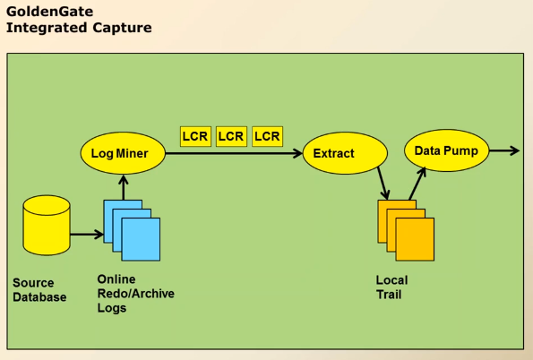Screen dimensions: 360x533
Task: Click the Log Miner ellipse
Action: coord(119,154)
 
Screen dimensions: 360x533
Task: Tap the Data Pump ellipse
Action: coord(446,150)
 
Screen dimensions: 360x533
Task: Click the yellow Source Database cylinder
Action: coord(47,225)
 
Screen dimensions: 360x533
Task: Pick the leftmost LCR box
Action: coord(195,136)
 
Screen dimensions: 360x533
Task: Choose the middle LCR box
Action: coord(231,136)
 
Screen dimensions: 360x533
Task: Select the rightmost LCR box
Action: coord(267,136)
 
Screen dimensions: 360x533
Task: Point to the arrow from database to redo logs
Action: coord(86,235)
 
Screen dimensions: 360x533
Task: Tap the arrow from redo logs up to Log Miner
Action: coord(124,186)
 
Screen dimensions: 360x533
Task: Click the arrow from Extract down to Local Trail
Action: coord(383,184)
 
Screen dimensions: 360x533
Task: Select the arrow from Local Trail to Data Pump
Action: coord(416,184)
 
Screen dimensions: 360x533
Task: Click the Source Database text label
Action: coord(39,289)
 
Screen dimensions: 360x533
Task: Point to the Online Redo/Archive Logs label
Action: coord(135,294)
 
